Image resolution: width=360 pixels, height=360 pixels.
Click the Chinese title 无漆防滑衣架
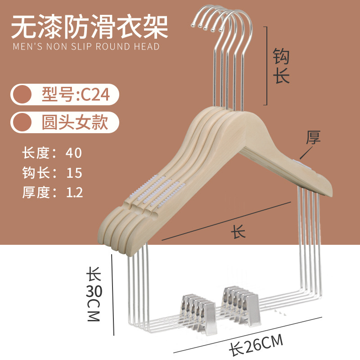click(90, 27)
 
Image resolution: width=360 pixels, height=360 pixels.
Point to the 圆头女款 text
click(75, 122)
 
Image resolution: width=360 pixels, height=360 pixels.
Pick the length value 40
click(73, 153)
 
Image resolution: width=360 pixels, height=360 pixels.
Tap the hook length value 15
click(74, 173)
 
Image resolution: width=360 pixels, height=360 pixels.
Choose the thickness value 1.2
click(74, 193)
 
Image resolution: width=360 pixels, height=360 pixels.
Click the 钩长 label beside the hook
click(281, 66)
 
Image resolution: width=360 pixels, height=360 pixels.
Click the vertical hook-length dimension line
click(267, 66)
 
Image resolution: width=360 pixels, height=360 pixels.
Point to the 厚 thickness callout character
click(313, 137)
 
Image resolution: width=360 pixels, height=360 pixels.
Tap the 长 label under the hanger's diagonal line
click(238, 231)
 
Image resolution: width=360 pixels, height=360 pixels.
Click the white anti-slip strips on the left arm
click(154, 191)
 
